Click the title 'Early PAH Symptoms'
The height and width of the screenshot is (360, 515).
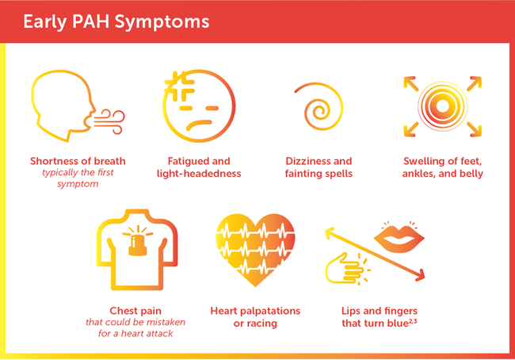point(116,21)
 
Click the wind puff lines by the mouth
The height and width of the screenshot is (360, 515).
point(109,121)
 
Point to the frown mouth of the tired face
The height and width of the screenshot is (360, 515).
point(199,124)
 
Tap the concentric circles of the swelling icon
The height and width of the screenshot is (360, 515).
point(442,106)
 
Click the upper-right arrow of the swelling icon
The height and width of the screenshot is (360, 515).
point(475,83)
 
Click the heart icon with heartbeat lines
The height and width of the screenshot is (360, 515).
point(255,250)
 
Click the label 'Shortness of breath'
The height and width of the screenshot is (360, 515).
point(78,161)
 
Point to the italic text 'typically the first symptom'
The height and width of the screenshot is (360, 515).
point(78,178)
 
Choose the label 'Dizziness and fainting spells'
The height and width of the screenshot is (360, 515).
point(319,167)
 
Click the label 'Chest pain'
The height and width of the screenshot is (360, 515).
point(135,311)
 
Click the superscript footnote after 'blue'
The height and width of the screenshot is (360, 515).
point(413,321)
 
